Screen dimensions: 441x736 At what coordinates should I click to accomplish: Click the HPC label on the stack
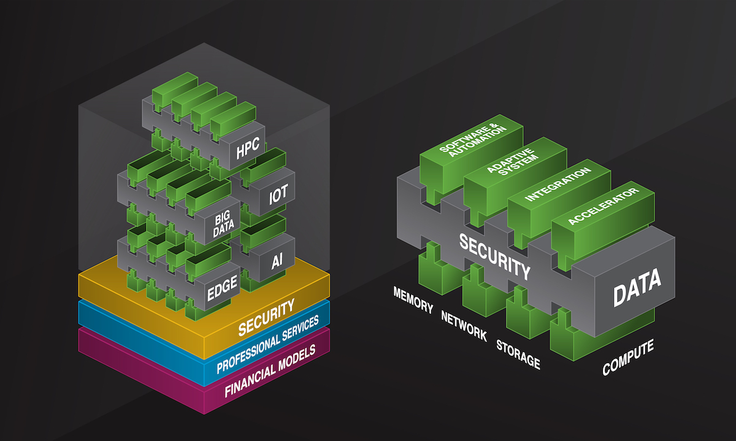(x=247, y=147)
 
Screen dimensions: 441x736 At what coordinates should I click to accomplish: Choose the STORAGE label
(x=518, y=353)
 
